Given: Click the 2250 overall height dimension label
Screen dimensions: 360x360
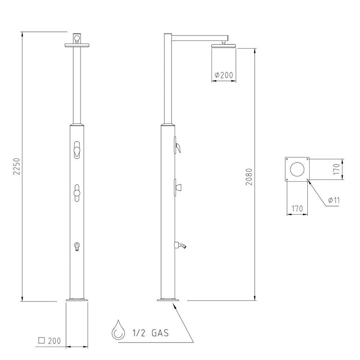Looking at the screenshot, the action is pos(17,166).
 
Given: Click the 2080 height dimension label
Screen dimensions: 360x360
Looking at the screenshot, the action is pos(249,177).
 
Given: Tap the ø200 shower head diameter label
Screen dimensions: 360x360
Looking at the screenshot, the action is pos(224,75).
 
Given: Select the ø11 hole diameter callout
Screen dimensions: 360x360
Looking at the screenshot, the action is pos(334,200).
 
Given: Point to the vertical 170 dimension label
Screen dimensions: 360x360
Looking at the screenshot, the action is pos(336,169).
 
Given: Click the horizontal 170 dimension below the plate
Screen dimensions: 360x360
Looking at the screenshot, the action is pos(297,209).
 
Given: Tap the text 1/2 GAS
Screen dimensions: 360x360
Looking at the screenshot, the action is pos(150,333).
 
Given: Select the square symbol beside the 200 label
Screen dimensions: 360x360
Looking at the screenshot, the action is pos(41,340).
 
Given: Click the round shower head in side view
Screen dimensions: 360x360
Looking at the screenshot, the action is pos(224,46).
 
